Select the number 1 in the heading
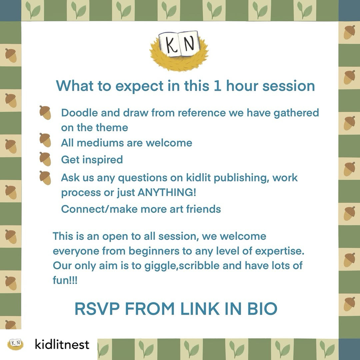coord(218,86)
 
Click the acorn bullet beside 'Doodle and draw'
coord(45,113)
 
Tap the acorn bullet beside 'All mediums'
coord(45,140)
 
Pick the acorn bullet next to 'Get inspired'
coord(45,159)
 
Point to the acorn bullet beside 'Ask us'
coord(45,178)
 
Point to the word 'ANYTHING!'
coord(167,192)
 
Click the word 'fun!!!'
coord(65,280)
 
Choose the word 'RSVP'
coord(97,309)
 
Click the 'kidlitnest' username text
coord(62,344)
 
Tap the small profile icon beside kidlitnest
coord(15,344)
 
